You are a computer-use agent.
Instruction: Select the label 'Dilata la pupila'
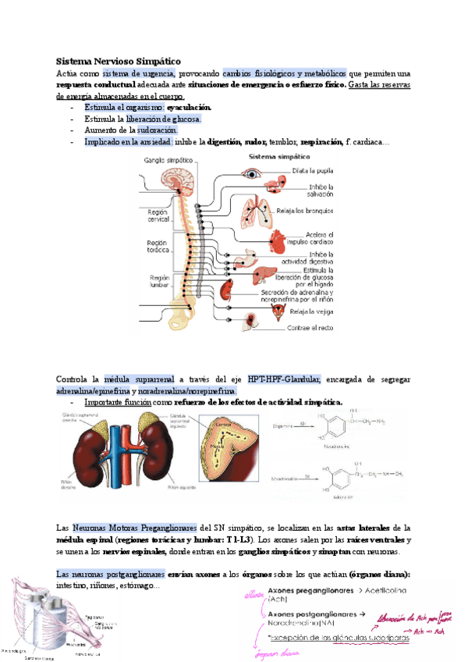click(314, 171)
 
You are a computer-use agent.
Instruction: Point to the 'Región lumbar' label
click(159, 280)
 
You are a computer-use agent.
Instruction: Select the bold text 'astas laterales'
click(363, 529)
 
